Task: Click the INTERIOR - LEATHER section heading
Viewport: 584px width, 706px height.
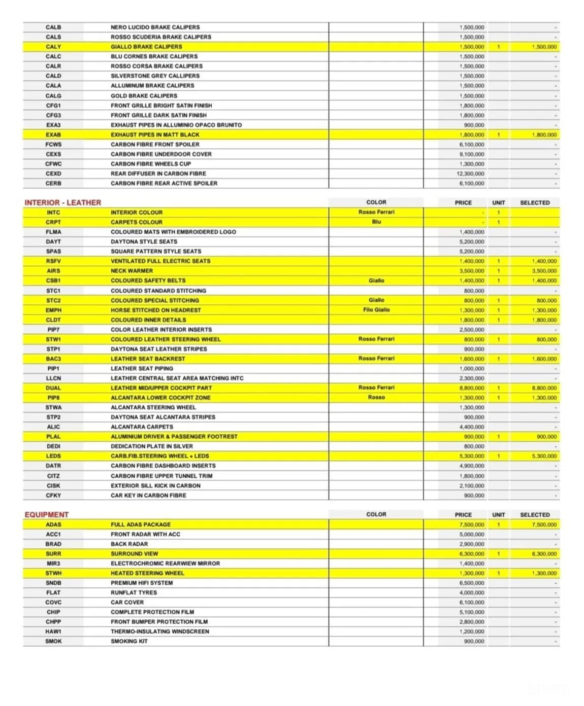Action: [62, 202]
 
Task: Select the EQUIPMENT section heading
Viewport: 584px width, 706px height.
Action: [46, 514]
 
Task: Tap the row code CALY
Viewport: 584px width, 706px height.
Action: [53, 47]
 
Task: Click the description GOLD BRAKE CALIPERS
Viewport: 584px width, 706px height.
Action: [144, 95]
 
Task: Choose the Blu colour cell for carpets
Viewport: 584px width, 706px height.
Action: [376, 222]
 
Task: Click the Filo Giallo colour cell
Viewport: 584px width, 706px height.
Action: [376, 309]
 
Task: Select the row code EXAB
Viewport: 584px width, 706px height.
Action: [53, 134]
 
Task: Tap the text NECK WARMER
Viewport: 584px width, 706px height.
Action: [132, 271]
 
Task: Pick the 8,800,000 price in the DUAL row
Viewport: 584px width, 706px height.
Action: [472, 388]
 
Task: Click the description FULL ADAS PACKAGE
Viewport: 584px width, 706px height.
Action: [141, 524]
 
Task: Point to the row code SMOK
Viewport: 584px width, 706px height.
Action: [53, 641]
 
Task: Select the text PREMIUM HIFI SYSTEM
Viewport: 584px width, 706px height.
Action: [142, 583]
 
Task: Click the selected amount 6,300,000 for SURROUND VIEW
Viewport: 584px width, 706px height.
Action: [544, 554]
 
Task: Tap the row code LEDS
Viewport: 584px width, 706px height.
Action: [53, 456]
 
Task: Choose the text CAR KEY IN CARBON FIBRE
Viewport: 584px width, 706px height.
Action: [148, 495]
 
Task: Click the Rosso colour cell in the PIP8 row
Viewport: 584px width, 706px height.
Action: [376, 397]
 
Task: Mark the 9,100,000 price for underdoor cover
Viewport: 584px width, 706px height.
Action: [472, 154]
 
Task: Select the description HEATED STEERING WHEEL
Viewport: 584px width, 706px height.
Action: [147, 573]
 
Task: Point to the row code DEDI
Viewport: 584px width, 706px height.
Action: [53, 446]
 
